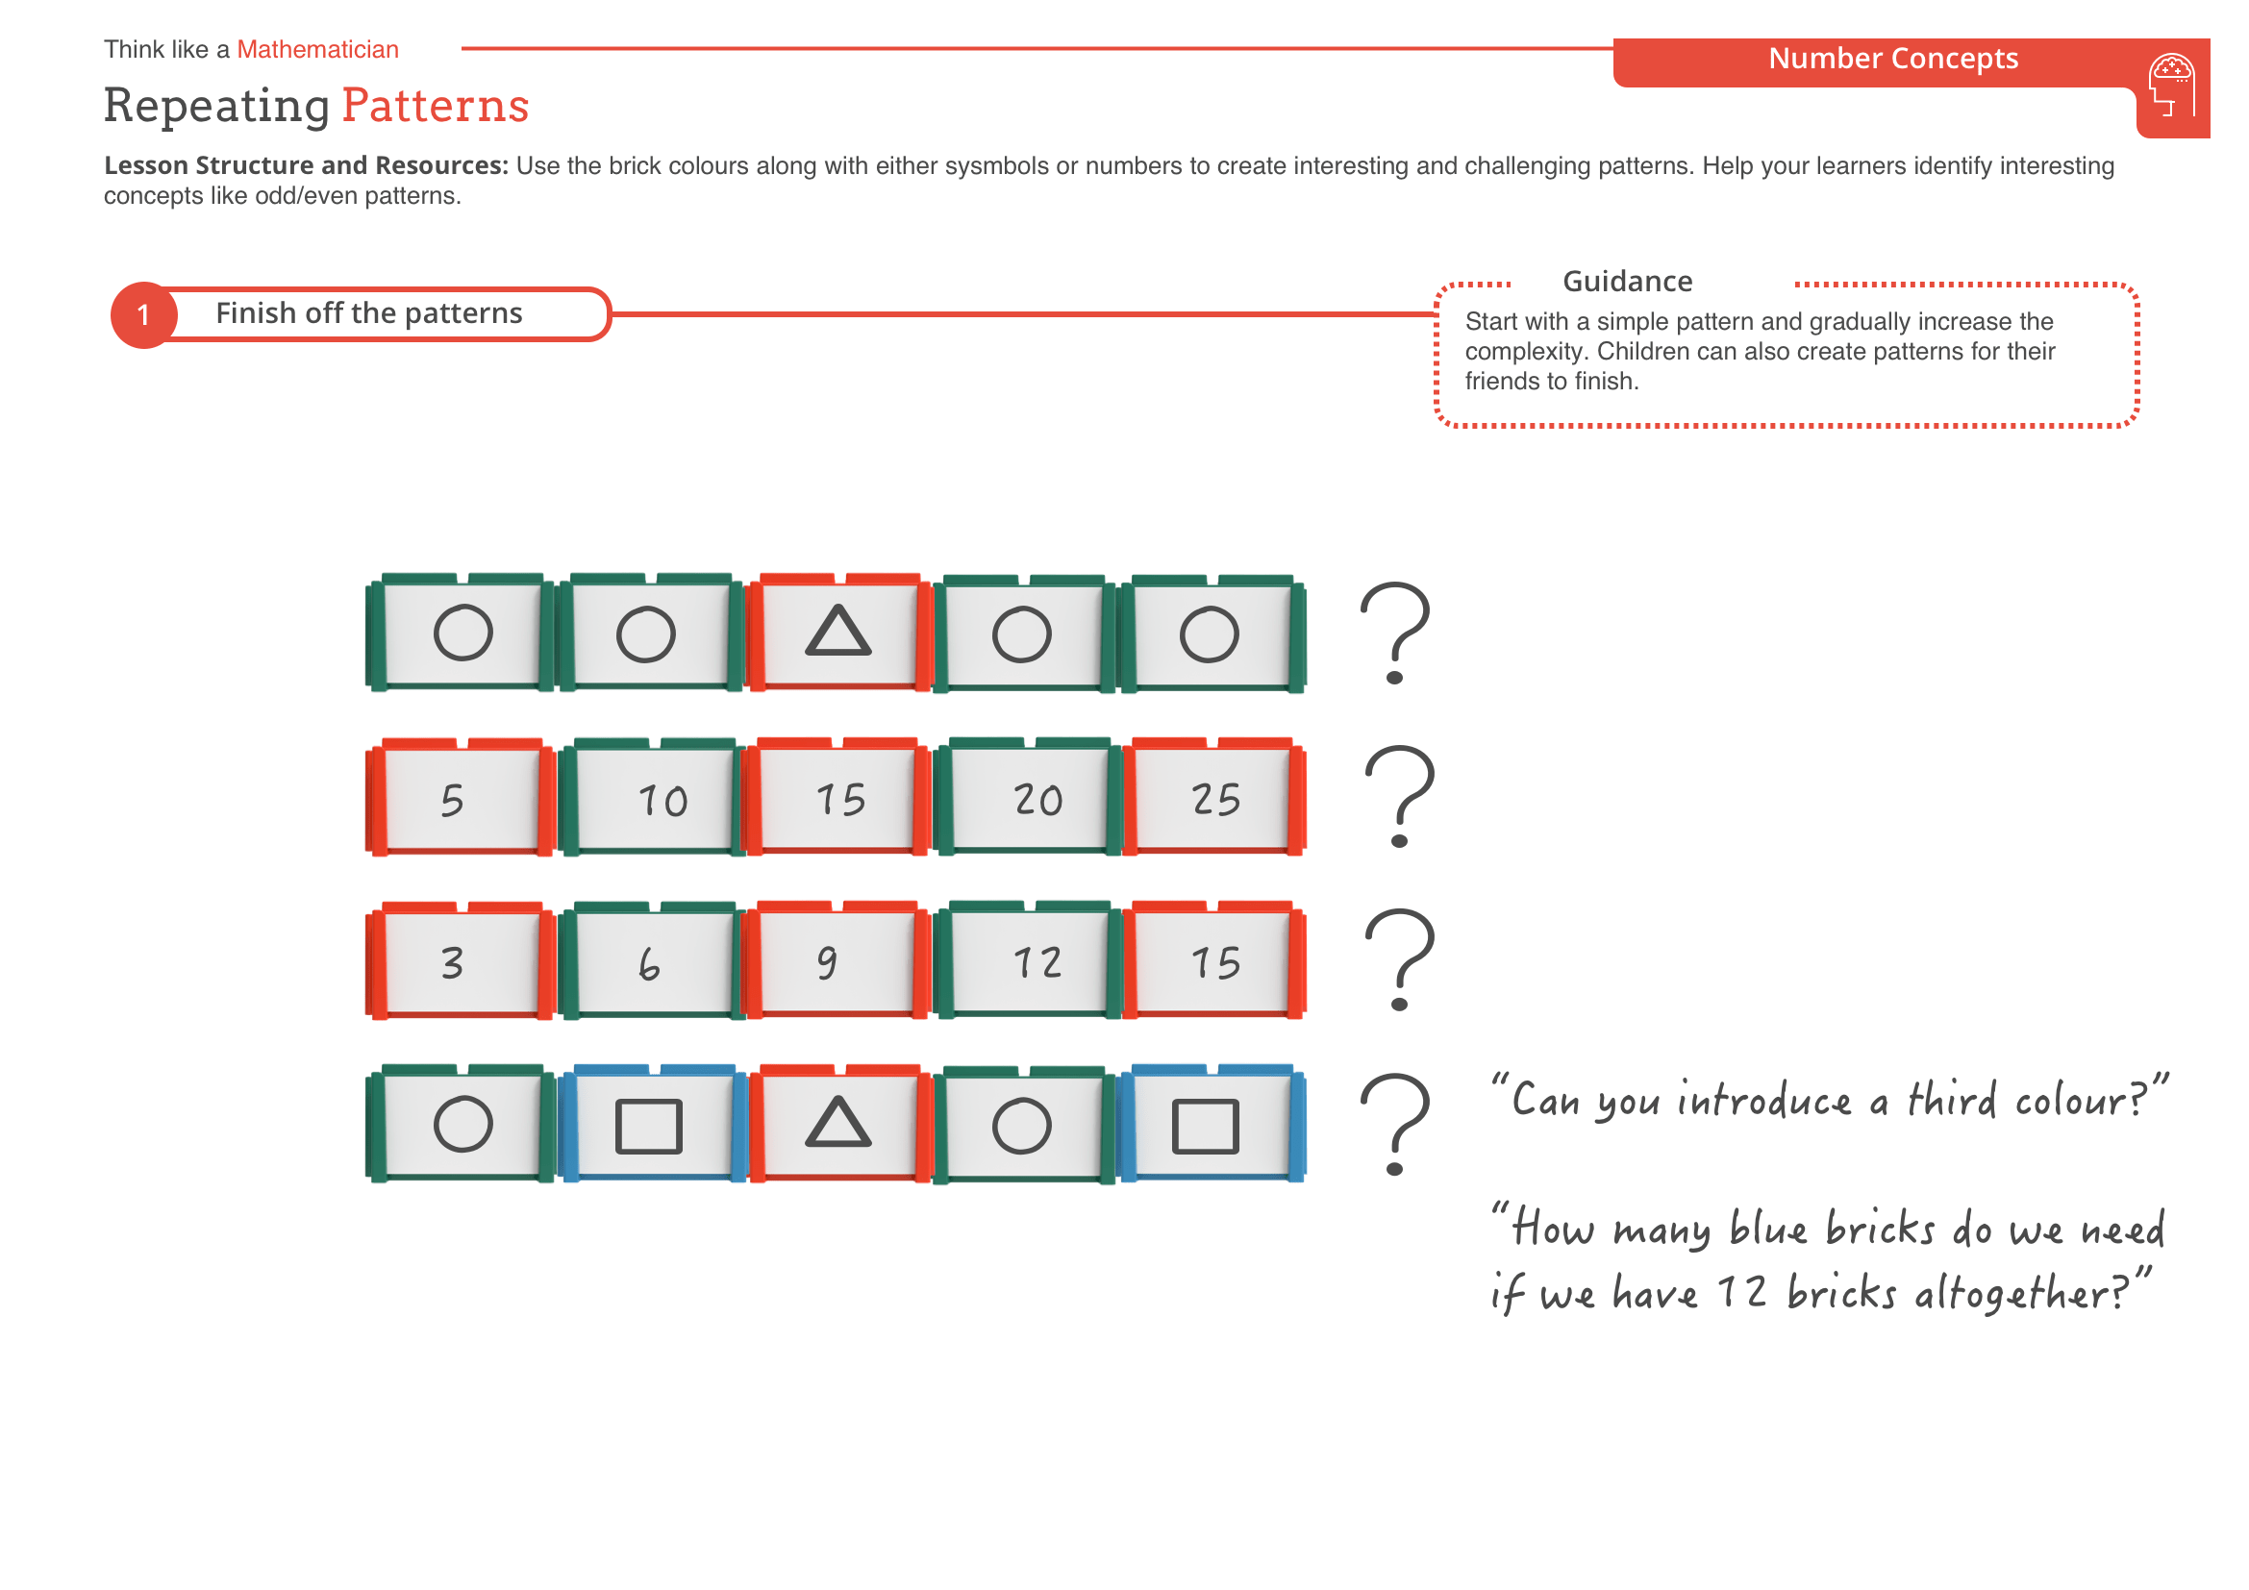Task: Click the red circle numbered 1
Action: pyautogui.click(x=144, y=315)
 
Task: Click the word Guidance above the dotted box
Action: pyautogui.click(x=1627, y=282)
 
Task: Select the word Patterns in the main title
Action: pyautogui.click(x=435, y=106)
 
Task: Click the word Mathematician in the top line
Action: pyautogui.click(x=317, y=50)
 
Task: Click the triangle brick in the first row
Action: pyautogui.click(x=837, y=634)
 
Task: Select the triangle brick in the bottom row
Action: pyautogui.click(x=837, y=1125)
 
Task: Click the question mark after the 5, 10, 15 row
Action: pyautogui.click(x=1399, y=797)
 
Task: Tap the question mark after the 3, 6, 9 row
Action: pyautogui.click(x=1399, y=960)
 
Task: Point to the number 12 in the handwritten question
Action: pyautogui.click(x=1741, y=1292)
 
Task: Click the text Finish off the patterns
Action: pyautogui.click(x=368, y=313)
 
